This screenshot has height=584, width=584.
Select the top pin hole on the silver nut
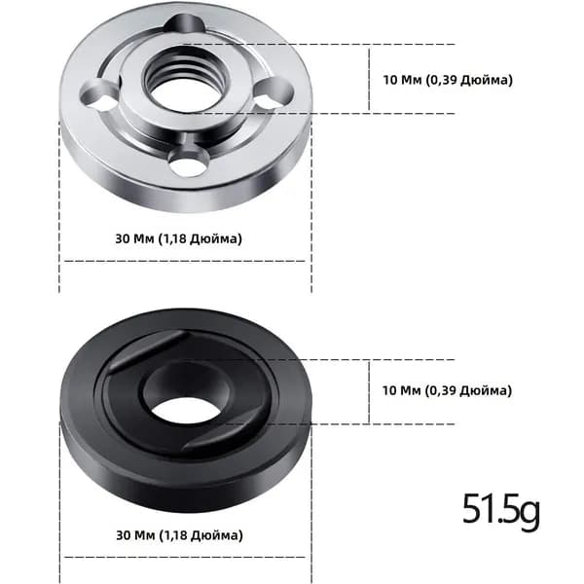click(185, 24)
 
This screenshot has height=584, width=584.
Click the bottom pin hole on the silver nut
click(188, 163)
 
